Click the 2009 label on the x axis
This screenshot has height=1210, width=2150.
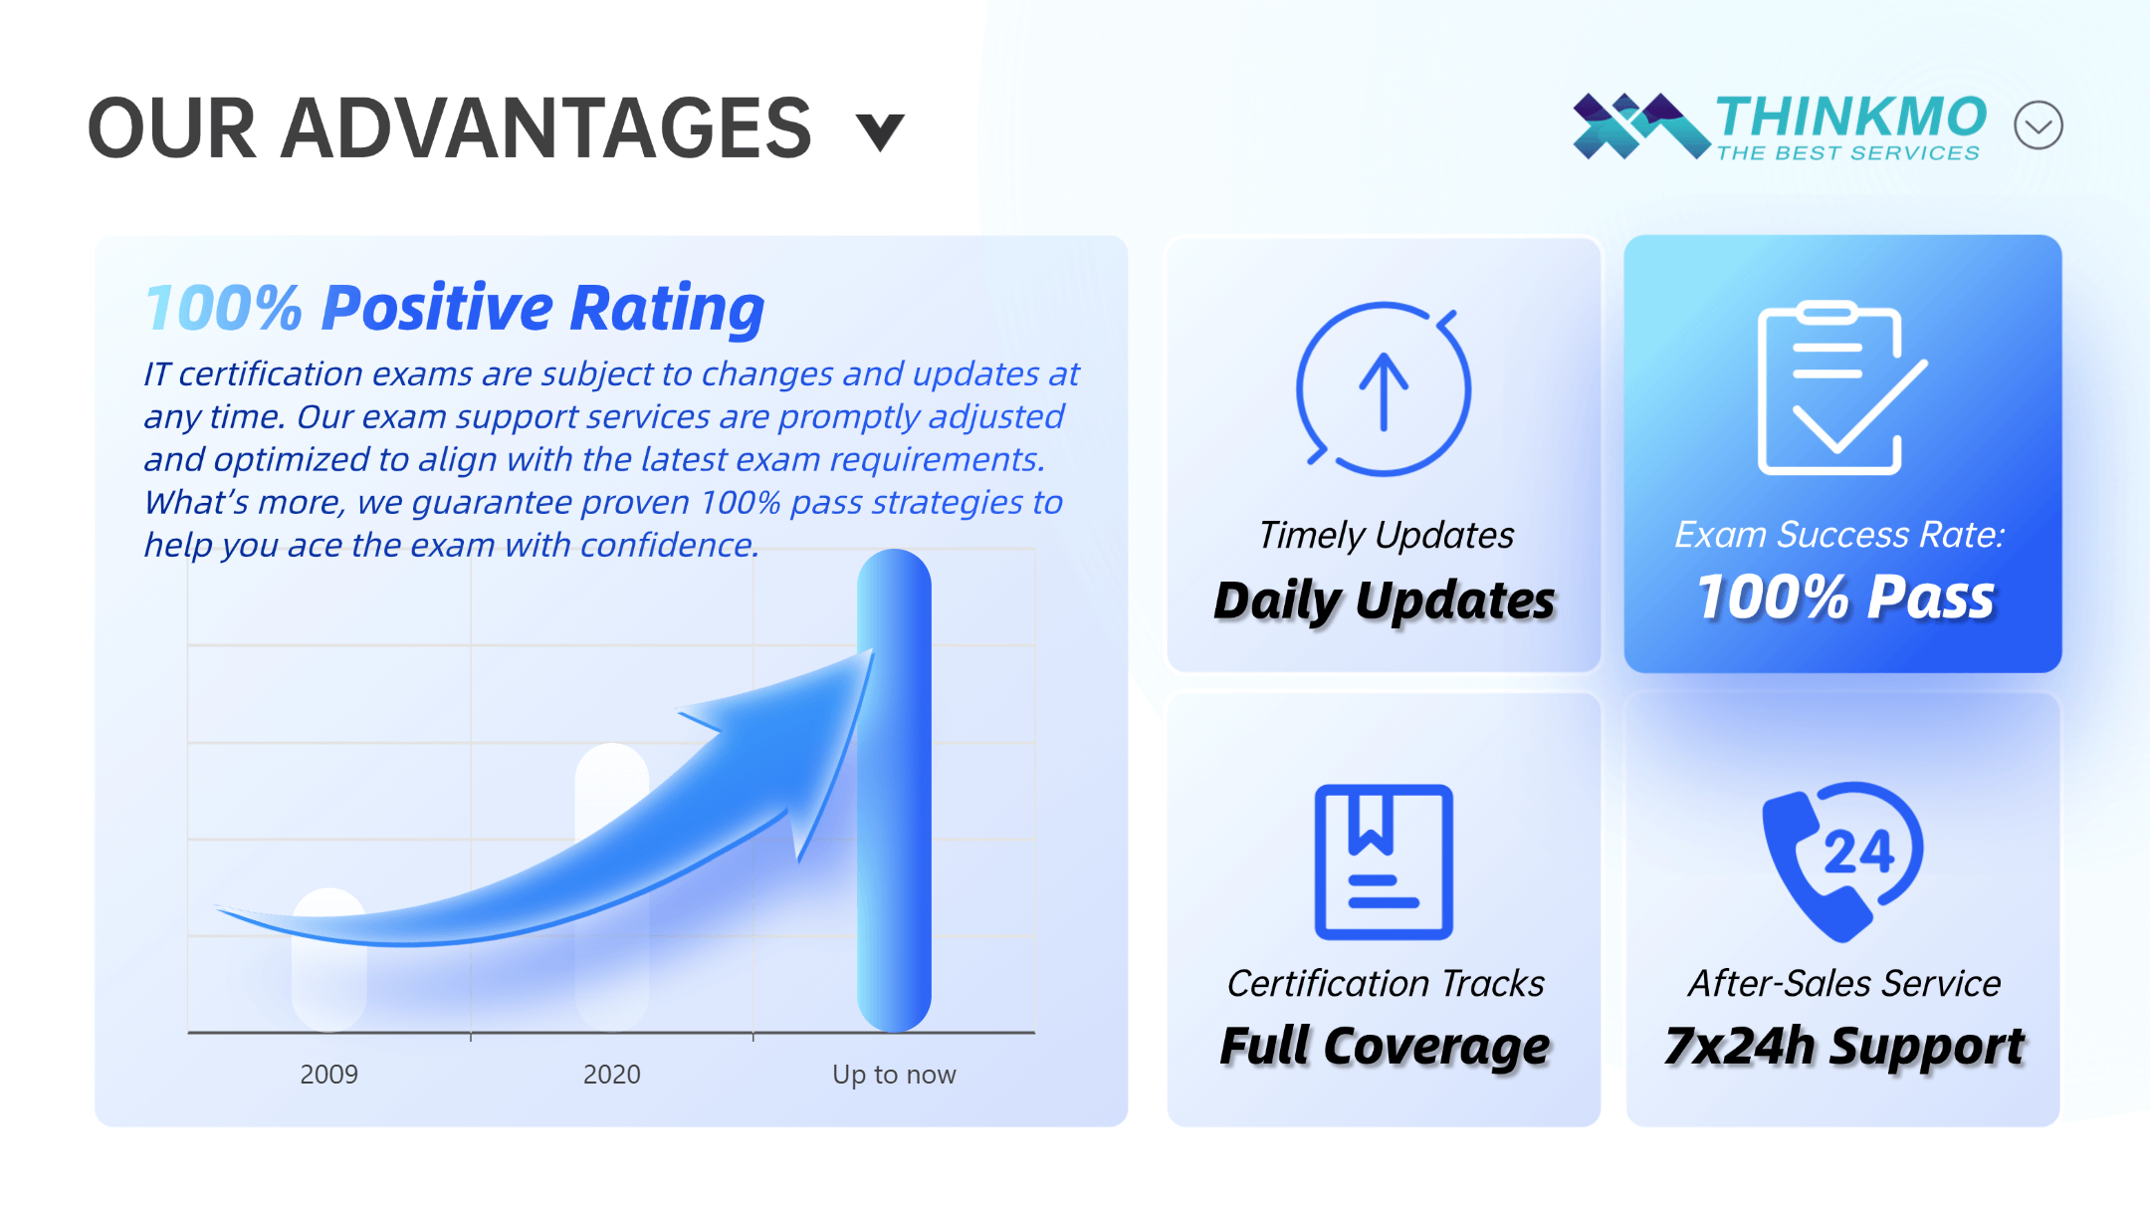tap(328, 1074)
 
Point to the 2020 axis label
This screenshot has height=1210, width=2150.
tap(611, 1074)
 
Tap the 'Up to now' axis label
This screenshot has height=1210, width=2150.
tap(894, 1075)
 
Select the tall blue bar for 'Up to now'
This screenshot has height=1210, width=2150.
tap(894, 791)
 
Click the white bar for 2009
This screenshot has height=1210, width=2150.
tap(328, 960)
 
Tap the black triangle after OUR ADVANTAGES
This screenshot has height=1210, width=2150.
tap(881, 131)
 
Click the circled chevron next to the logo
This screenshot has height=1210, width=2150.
tap(2038, 125)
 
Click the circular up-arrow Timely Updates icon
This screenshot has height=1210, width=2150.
tap(1384, 388)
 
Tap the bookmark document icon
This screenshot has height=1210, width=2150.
tap(1384, 861)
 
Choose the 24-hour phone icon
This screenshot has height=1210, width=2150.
tap(1841, 861)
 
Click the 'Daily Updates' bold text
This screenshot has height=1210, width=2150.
tap(1385, 601)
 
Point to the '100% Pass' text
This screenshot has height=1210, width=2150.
tap(1845, 598)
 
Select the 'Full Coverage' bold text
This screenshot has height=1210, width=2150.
tap(1385, 1047)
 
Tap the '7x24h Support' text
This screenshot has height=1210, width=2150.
tap(1844, 1047)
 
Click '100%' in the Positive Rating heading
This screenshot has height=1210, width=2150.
tap(223, 307)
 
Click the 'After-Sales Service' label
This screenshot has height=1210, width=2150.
tap(1844, 983)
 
